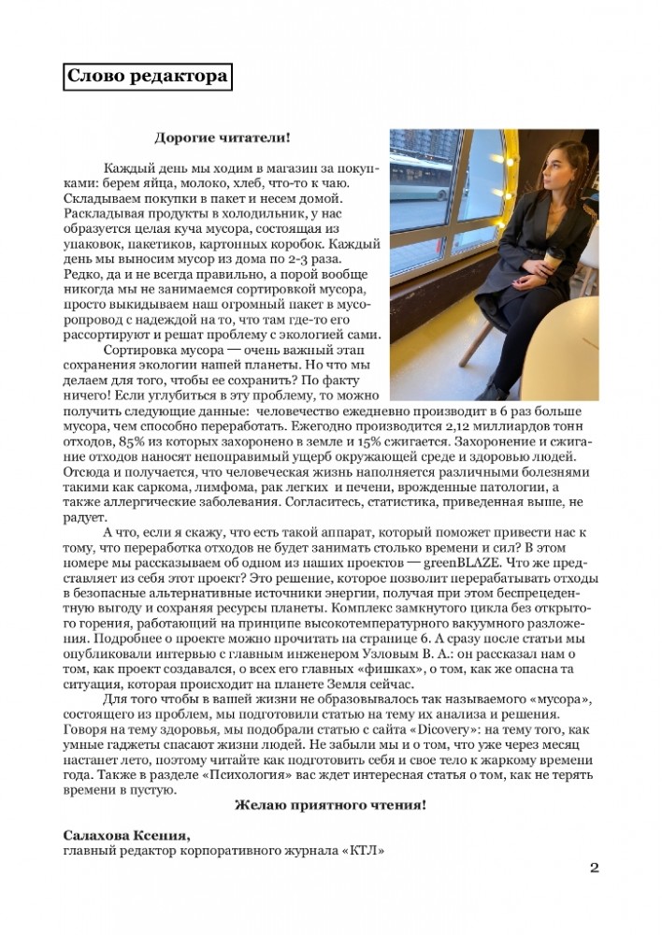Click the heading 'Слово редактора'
tap(148, 76)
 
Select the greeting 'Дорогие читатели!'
tap(222, 137)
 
